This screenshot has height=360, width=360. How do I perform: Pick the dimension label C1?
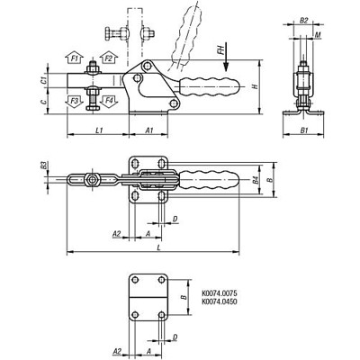click(46, 79)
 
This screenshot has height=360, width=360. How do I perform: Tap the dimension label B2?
click(304, 19)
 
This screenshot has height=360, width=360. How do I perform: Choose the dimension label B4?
click(255, 180)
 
